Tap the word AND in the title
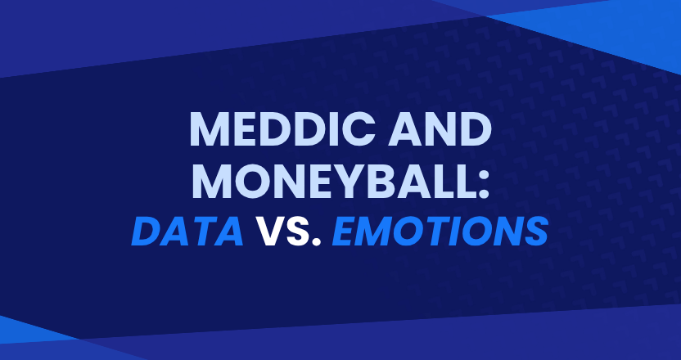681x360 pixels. pyautogui.click(x=440, y=129)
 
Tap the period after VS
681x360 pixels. pyautogui.click(x=316, y=241)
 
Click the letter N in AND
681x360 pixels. pyautogui.click(x=438, y=129)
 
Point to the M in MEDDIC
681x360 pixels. pyautogui.click(x=210, y=129)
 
